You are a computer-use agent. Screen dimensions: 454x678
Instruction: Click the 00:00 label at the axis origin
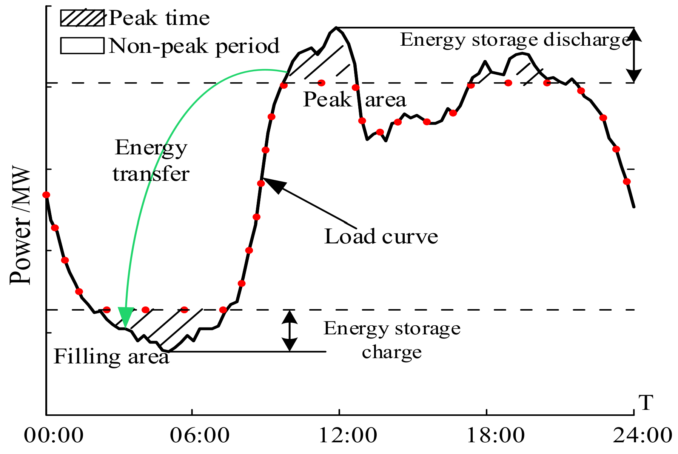pyautogui.click(x=54, y=436)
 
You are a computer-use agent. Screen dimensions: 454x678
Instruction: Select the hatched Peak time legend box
pyautogui.click(x=82, y=18)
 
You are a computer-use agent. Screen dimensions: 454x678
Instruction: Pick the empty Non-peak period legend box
pyautogui.click(x=82, y=45)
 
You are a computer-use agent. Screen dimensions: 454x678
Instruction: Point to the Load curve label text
pyautogui.click(x=381, y=237)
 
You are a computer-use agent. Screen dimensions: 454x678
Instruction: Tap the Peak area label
pyautogui.click(x=354, y=100)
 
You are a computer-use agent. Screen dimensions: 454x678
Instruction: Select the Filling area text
pyautogui.click(x=111, y=356)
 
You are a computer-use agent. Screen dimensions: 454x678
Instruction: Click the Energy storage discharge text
pyautogui.click(x=515, y=40)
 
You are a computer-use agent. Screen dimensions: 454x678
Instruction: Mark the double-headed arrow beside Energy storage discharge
pyautogui.click(x=634, y=55)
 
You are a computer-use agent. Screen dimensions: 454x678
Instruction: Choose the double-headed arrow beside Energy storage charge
pyautogui.click(x=290, y=331)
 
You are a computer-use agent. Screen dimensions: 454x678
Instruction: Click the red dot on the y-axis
pyautogui.click(x=46, y=195)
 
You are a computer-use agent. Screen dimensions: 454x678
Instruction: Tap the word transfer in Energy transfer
pyautogui.click(x=151, y=174)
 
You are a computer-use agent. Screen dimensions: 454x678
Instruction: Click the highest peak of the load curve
pyautogui.click(x=336, y=28)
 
